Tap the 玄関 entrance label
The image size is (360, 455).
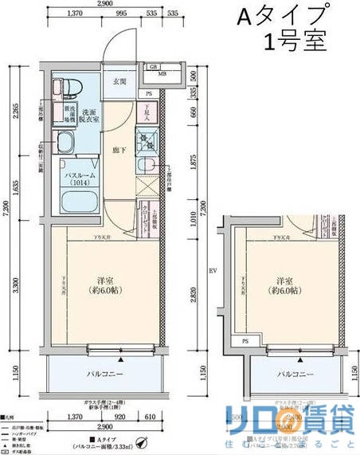120,81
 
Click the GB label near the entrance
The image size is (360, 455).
153,65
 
